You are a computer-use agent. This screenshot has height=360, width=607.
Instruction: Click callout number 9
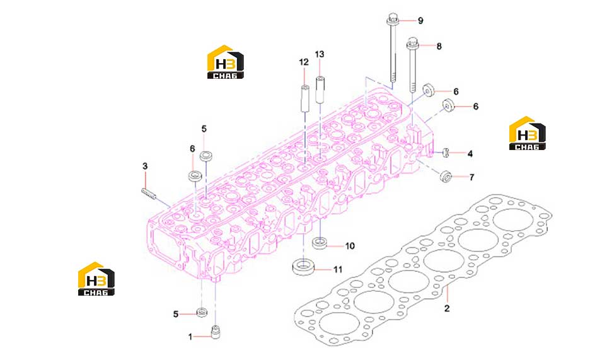point(420,21)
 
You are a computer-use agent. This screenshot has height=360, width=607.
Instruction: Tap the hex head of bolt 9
point(393,18)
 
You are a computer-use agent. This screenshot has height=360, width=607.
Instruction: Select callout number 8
point(439,47)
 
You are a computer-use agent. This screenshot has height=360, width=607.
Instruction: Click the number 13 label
point(320,55)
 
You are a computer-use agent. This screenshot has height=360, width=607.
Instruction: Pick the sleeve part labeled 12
point(304,98)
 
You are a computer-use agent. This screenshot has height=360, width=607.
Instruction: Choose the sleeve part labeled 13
point(320,90)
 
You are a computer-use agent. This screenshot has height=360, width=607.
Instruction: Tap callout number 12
point(304,62)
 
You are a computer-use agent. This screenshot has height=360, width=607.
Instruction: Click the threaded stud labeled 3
point(149,194)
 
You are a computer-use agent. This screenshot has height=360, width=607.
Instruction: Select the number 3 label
point(145,166)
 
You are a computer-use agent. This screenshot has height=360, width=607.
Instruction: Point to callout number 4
point(470,154)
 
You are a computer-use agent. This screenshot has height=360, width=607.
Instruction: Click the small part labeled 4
point(445,153)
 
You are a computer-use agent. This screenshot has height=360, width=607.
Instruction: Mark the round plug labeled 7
point(446,176)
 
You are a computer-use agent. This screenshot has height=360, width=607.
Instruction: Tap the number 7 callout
point(471,177)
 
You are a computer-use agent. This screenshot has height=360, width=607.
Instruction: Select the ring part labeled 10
point(320,244)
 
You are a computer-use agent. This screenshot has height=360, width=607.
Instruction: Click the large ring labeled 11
point(303,267)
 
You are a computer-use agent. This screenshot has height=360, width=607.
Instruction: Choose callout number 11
point(338,269)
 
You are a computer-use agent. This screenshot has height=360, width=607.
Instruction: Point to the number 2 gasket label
point(447,308)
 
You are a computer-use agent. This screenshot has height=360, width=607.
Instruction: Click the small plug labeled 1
point(215,332)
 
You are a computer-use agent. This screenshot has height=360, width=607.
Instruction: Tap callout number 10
point(350,246)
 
